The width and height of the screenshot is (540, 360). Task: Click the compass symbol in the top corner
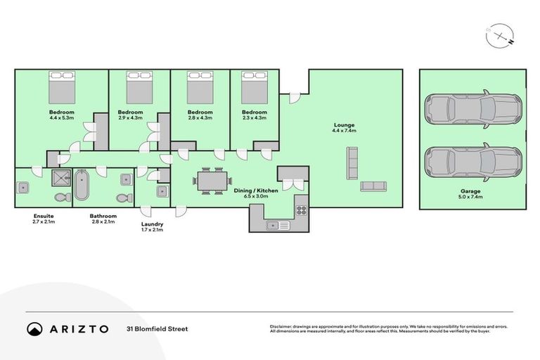tap(497, 35)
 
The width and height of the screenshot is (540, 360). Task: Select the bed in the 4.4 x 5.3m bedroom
tap(61, 87)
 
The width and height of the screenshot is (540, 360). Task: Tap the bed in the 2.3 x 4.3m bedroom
tap(254, 87)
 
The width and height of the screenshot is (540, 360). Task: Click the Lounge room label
tap(344, 125)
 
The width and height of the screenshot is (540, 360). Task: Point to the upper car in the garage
tap(472, 109)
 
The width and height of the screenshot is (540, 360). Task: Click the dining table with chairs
tap(209, 181)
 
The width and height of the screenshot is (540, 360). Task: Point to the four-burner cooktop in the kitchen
tap(301, 209)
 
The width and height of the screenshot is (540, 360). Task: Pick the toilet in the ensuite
tap(60, 196)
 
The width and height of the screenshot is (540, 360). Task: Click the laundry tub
tap(162, 190)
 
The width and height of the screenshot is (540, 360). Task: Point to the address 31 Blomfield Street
tap(157, 328)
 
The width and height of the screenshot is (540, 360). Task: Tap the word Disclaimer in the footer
tap(282, 326)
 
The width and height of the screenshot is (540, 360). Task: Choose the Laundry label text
tap(151, 224)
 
